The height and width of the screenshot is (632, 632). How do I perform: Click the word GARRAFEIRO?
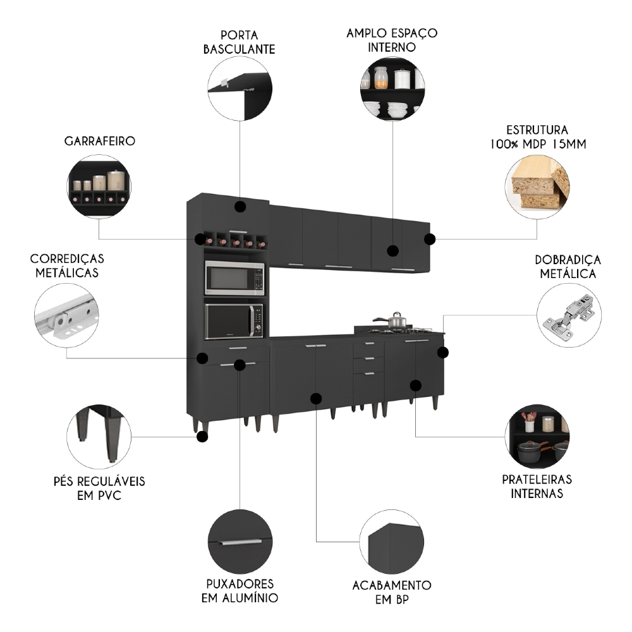click(100, 141)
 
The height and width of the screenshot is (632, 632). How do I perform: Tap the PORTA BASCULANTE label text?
click(240, 42)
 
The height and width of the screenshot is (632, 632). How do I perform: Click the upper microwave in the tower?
click(234, 278)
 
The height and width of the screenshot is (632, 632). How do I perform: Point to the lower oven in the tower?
click(234, 321)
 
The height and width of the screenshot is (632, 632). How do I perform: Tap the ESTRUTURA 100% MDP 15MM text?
click(537, 137)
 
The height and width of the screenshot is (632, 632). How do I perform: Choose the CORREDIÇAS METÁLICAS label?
click(67, 266)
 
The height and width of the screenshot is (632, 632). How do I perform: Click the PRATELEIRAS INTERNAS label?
click(537, 487)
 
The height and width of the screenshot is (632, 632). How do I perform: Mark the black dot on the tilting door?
click(240, 207)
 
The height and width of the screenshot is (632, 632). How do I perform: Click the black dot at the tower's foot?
click(202, 436)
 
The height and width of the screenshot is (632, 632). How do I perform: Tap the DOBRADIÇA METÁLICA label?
click(568, 267)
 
